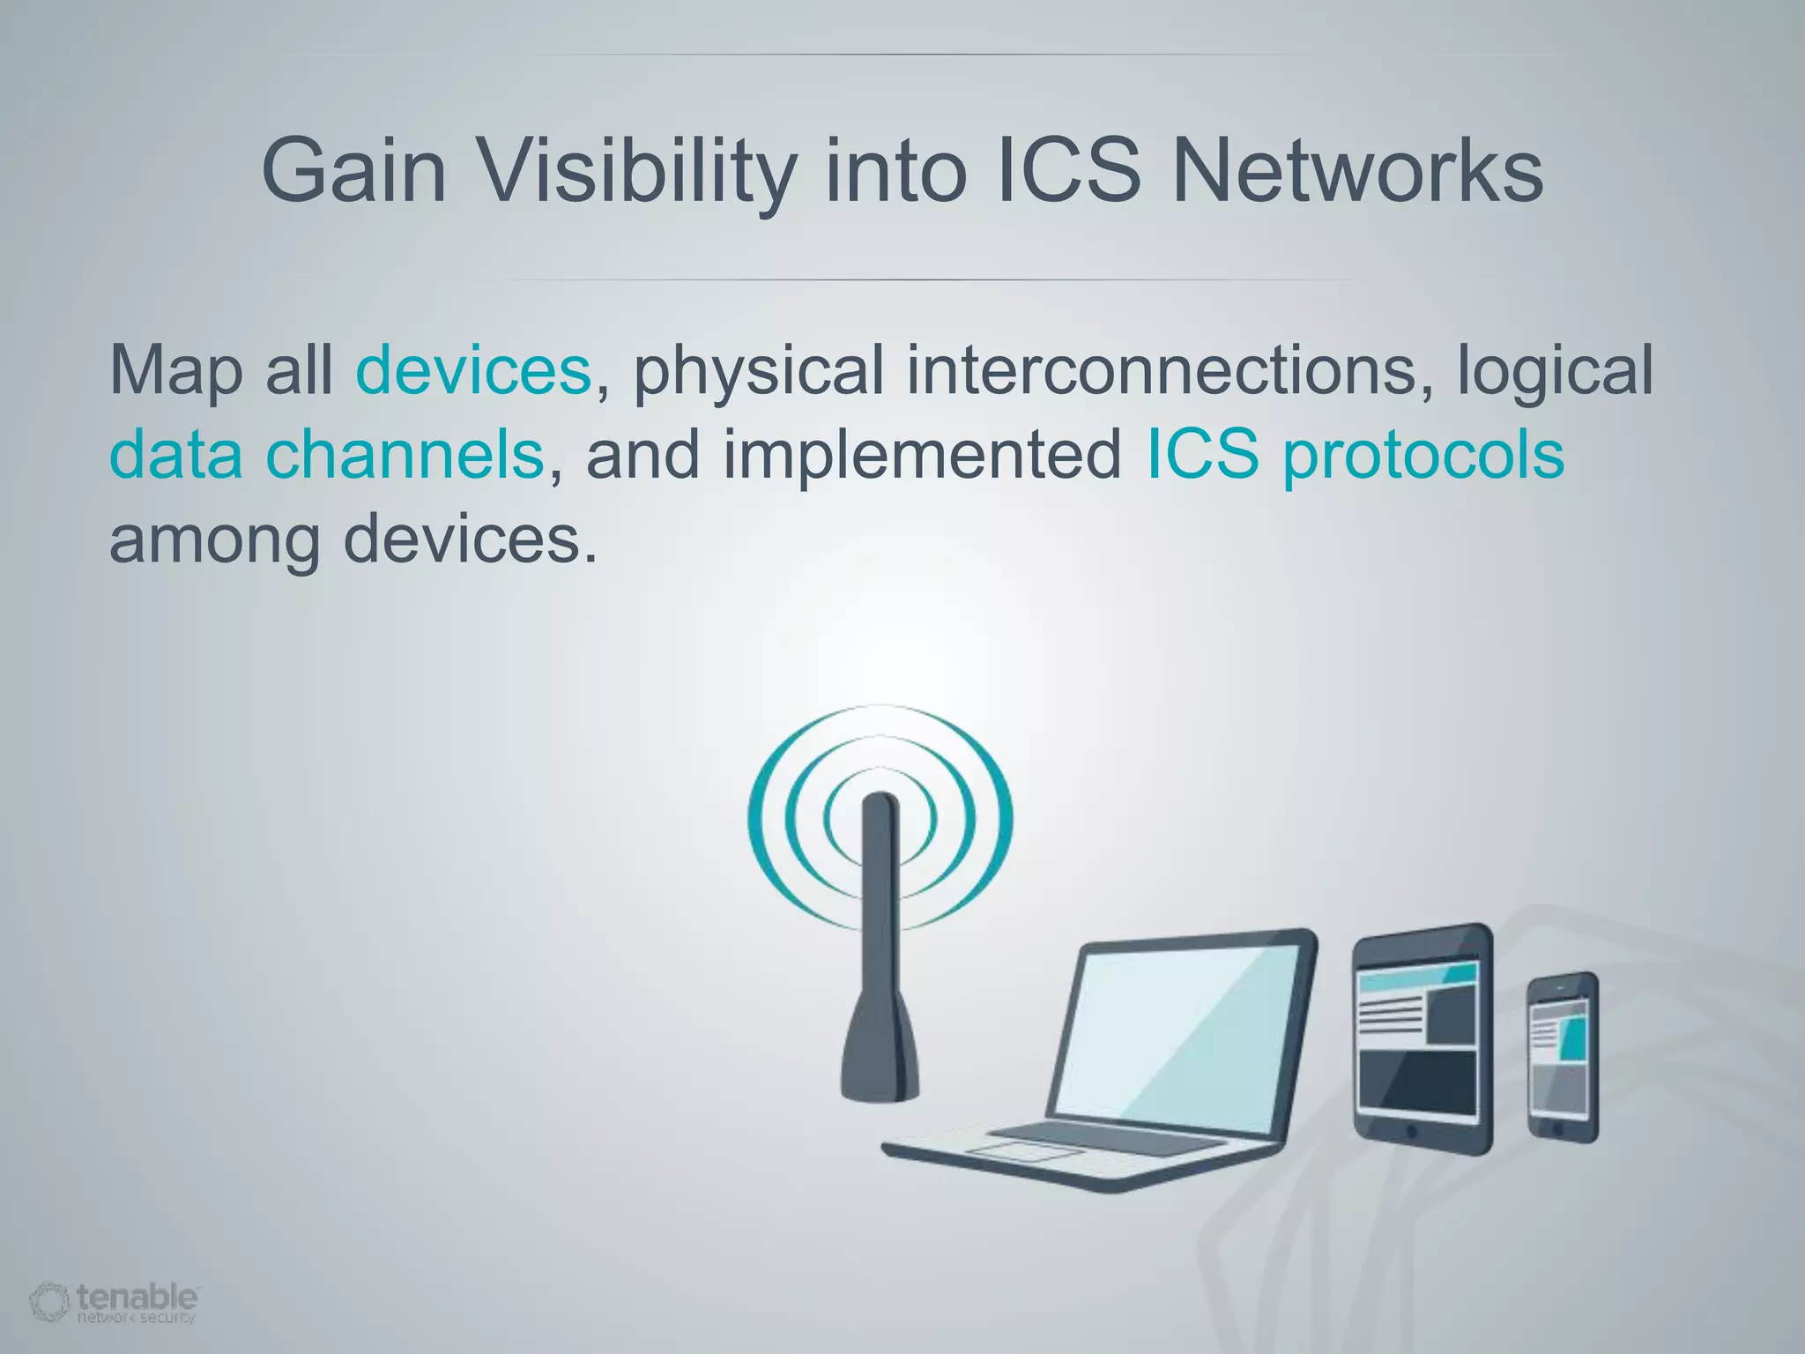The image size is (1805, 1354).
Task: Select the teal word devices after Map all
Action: [472, 370]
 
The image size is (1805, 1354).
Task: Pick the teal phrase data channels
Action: [326, 455]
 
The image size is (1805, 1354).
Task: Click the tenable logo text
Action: [137, 1297]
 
